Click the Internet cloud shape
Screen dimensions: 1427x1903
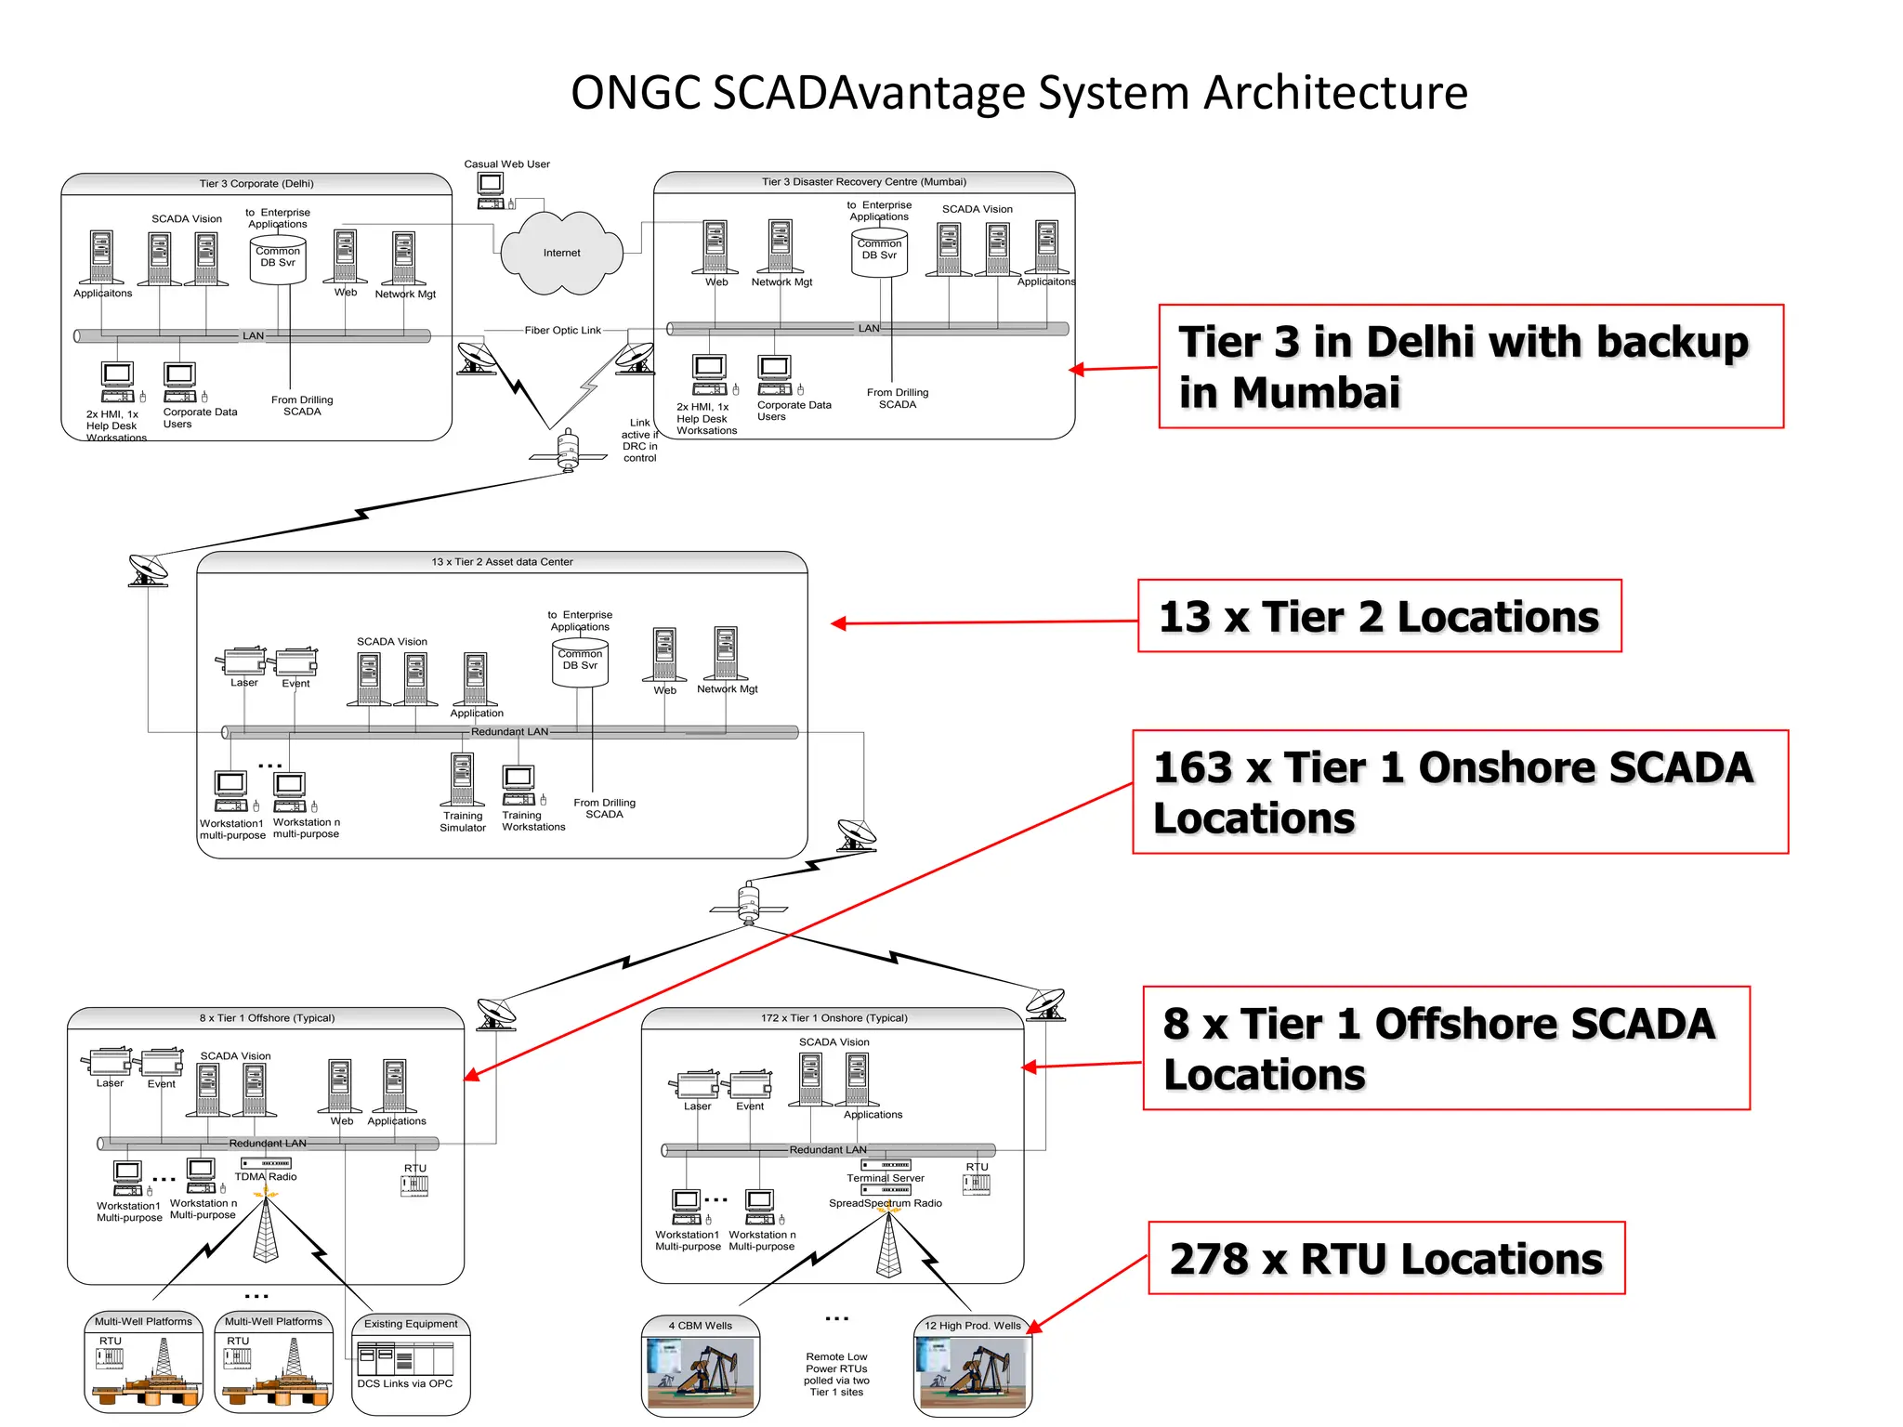(561, 253)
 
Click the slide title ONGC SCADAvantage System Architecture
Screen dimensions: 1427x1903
(1018, 93)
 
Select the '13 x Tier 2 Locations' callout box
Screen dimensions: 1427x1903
(1379, 617)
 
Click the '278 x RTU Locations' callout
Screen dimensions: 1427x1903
(1385, 1259)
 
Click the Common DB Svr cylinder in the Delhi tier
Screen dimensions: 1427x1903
(278, 259)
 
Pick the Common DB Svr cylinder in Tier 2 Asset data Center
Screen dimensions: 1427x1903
(580, 662)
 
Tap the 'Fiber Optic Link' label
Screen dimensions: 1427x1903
(562, 330)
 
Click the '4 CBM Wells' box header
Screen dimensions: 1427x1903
(701, 1326)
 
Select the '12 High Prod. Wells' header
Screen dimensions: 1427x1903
(972, 1326)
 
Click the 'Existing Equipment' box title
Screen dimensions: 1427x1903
(411, 1324)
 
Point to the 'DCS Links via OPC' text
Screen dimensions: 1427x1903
(405, 1383)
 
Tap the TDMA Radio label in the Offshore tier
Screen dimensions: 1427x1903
(266, 1176)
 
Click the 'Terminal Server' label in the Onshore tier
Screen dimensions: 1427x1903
(886, 1178)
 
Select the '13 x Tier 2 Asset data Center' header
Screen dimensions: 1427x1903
(502, 562)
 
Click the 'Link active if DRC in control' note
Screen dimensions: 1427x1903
(639, 440)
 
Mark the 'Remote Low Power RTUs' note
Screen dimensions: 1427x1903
(836, 1374)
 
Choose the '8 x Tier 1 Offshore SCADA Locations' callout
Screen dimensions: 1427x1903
(1445, 1049)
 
